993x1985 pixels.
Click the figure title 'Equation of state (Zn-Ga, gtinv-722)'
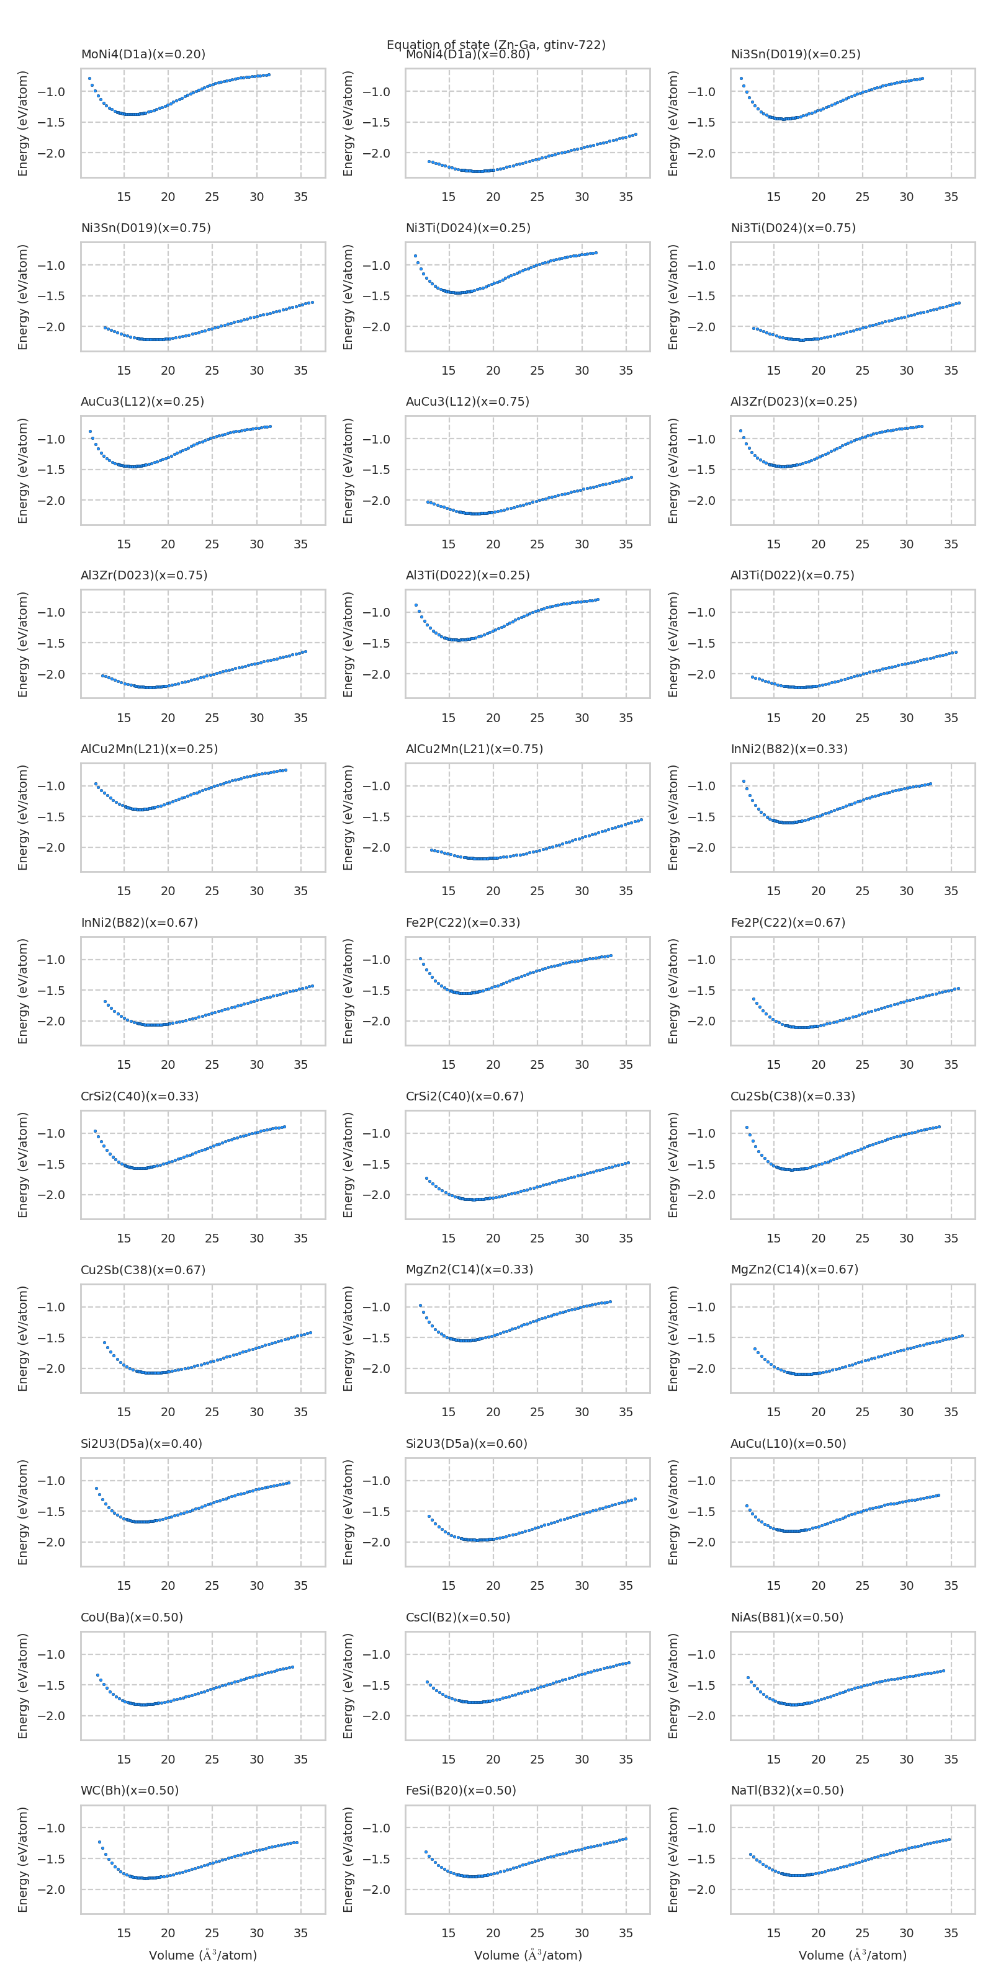(x=496, y=45)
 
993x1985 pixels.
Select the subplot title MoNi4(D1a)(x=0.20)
(x=143, y=55)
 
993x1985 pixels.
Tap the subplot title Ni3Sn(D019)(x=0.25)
(x=795, y=55)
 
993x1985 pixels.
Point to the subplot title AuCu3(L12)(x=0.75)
(x=467, y=401)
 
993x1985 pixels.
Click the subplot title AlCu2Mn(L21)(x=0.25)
(x=149, y=749)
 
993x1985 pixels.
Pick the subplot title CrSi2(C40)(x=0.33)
(x=140, y=1095)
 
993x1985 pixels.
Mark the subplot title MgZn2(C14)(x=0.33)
(x=469, y=1269)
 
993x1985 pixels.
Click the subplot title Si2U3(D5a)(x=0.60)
(x=467, y=1443)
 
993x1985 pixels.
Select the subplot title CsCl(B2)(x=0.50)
(x=458, y=1617)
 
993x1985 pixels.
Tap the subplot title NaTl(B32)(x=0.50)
(x=787, y=1790)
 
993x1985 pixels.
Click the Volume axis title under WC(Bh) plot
(x=203, y=1955)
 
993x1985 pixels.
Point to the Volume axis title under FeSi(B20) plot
(x=528, y=1955)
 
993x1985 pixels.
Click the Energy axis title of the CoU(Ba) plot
(x=23, y=1686)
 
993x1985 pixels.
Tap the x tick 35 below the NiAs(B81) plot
(x=951, y=1759)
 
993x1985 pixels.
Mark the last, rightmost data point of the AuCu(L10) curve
(x=938, y=1496)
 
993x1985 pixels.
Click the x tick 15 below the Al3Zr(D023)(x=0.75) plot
(x=124, y=718)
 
